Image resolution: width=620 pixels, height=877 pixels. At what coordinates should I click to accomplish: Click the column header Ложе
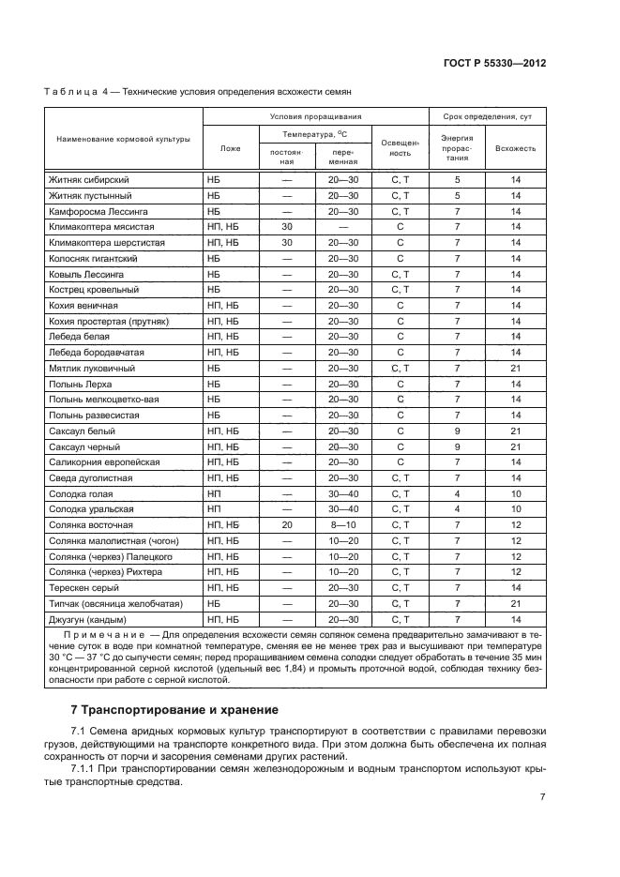pyautogui.click(x=230, y=148)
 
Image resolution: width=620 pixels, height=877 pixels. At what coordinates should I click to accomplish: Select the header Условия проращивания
pyautogui.click(x=315, y=116)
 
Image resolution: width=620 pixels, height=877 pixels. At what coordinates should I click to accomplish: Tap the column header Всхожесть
pyautogui.click(x=515, y=148)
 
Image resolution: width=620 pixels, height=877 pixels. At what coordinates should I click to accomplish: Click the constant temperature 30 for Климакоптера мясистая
pyautogui.click(x=287, y=227)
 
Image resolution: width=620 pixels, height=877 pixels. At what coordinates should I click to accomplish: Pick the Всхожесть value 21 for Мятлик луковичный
pyautogui.click(x=515, y=369)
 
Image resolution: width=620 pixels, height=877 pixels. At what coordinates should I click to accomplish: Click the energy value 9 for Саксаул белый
pyautogui.click(x=457, y=431)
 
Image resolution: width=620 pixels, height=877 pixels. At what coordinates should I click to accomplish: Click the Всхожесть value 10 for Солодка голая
pyautogui.click(x=515, y=494)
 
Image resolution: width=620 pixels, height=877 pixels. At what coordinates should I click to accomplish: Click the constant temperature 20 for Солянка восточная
pyautogui.click(x=287, y=525)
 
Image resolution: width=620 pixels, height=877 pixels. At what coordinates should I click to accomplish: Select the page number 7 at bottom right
pyautogui.click(x=542, y=797)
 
